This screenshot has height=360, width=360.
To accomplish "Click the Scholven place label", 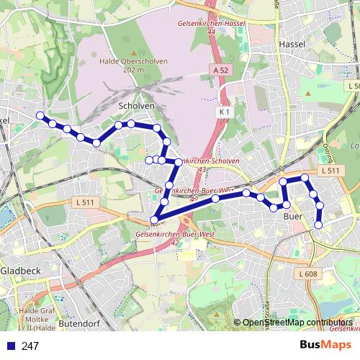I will click(x=135, y=105).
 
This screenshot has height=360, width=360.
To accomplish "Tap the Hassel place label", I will click(x=292, y=44).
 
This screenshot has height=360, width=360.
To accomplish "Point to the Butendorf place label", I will click(x=81, y=325).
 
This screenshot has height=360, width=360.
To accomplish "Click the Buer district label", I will click(x=293, y=216).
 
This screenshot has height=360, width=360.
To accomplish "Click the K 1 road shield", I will click(x=224, y=112).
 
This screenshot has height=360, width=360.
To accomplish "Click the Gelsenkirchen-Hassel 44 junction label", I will click(x=211, y=28).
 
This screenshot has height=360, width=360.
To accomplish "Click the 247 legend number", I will click(x=30, y=346).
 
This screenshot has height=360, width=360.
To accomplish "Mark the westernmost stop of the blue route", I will click(x=40, y=116).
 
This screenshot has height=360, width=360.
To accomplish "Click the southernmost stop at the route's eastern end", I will click(x=318, y=225).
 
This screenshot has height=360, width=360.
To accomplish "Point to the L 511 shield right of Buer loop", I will click(x=331, y=170).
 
